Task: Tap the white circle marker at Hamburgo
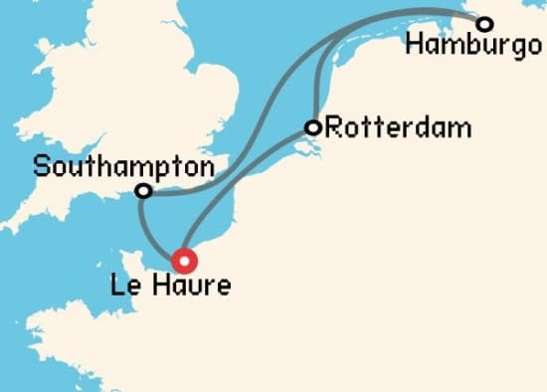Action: coord(484,24)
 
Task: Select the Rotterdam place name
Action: coord(384,128)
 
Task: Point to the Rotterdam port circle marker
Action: coord(313,127)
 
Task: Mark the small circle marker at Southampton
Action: coord(143,190)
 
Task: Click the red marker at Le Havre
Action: coord(184,261)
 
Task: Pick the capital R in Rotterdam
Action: coord(333,127)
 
